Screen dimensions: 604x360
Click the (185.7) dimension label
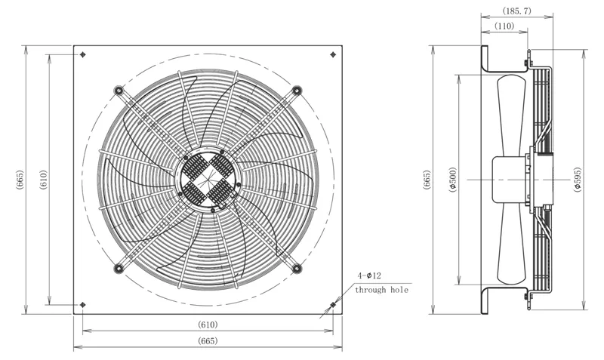pos(516,11)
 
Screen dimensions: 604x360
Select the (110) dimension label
pos(504,26)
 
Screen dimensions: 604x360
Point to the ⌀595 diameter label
pos(577,180)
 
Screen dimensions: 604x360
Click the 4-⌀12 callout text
pos(369,275)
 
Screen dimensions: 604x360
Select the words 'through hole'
pos(381,290)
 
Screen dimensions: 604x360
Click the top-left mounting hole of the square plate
pos(83,54)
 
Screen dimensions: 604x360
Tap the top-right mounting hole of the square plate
pos(333,54)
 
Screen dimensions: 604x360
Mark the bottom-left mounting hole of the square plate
pos(83,305)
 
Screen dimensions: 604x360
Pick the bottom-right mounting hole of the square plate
pos(333,305)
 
